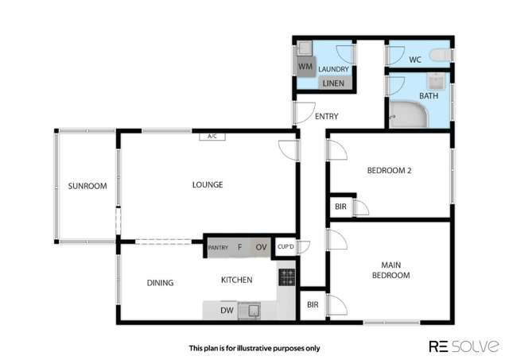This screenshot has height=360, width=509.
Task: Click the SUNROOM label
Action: click(x=87, y=187)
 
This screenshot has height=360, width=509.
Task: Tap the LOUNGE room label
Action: click(x=208, y=185)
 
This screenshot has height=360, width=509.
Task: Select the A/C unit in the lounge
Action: click(x=212, y=137)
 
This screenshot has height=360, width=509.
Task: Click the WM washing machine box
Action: click(x=305, y=67)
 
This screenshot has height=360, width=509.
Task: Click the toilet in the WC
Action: click(x=440, y=55)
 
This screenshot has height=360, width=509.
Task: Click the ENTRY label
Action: click(x=326, y=117)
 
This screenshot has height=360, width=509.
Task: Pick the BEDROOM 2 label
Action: click(x=388, y=170)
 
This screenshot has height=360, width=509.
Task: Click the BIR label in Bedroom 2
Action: click(x=340, y=207)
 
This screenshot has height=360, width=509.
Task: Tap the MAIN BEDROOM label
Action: click(x=395, y=270)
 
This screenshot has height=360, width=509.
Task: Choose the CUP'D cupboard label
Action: click(x=286, y=246)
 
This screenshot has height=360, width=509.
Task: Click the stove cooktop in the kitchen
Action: click(x=286, y=277)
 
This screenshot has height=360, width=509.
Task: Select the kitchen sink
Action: click(x=254, y=309)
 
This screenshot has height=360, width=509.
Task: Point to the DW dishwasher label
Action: click(x=227, y=310)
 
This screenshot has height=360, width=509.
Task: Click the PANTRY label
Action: click(x=218, y=248)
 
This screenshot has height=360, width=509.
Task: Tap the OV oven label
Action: click(x=261, y=247)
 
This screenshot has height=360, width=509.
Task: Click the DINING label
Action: click(x=160, y=282)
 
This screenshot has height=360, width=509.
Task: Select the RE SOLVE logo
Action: click(x=464, y=346)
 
